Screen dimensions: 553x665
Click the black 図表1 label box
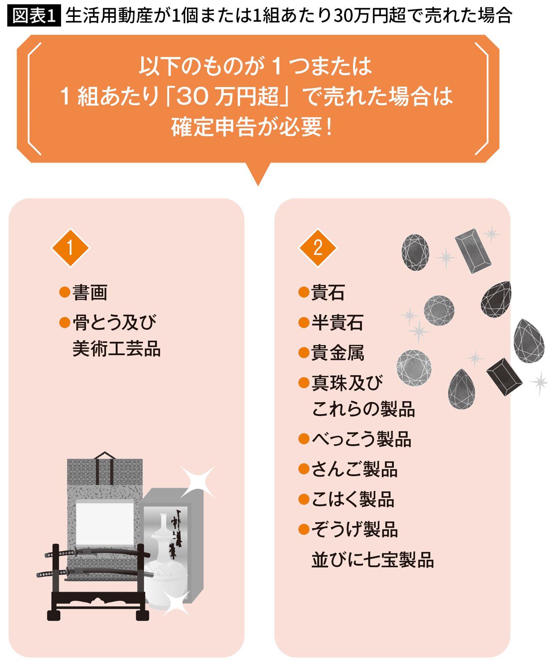34,16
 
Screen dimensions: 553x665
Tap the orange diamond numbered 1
70,248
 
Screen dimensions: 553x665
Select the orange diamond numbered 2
318,248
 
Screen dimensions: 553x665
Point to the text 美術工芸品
117,349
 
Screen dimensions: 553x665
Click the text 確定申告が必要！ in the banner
253,127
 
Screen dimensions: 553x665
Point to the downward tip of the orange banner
258,186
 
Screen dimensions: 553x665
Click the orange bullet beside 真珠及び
304,383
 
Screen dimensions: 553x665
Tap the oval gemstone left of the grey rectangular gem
415,252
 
